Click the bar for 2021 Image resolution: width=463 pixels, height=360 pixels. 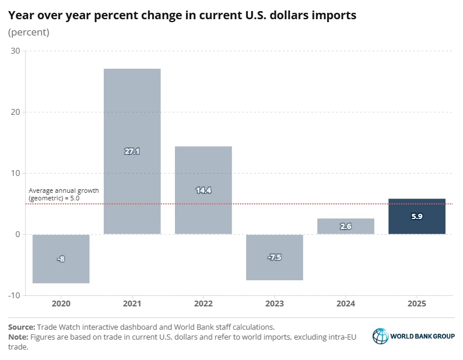click(132, 117)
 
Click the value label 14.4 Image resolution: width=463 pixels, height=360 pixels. click(203, 189)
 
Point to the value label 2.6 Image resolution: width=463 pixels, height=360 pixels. click(346, 227)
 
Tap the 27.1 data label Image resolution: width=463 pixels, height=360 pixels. click(132, 151)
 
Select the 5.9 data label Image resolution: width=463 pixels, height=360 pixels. click(416, 216)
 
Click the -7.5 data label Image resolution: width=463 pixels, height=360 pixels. click(275, 257)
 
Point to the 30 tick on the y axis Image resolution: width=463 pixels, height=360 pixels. click(15, 51)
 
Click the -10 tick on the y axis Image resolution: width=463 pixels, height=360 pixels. click(13, 295)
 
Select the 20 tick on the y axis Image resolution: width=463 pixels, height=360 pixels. click(15, 112)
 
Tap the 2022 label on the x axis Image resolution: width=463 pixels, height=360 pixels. click(203, 303)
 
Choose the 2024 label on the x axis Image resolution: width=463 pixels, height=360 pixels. click(346, 303)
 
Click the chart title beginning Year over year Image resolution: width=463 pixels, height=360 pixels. click(182, 15)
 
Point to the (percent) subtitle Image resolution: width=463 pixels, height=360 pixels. click(29, 32)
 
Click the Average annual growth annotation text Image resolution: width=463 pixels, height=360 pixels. click(63, 195)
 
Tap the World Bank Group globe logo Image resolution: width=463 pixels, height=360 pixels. click(380, 336)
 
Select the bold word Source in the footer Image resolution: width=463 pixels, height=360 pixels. click(22, 327)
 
